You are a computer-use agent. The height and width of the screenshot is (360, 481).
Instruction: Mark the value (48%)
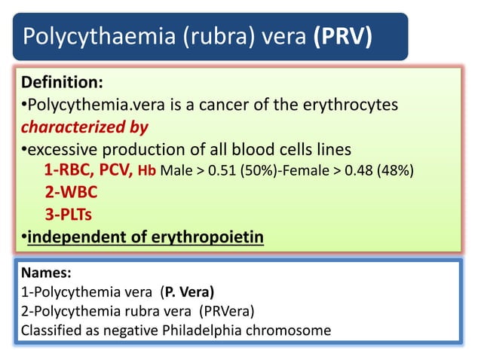coord(394,170)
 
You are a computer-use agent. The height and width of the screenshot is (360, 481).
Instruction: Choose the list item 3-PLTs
coord(66,215)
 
